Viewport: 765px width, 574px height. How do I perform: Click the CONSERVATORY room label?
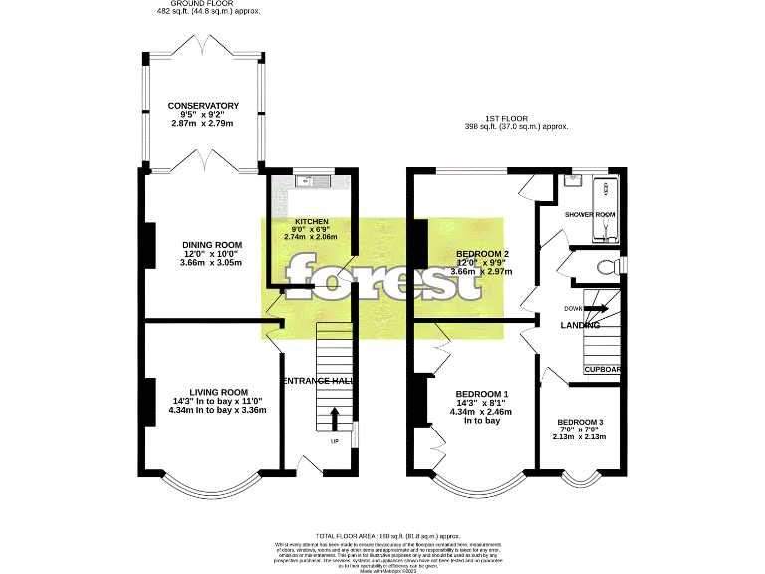click(203, 105)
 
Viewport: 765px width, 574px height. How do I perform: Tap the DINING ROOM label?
click(211, 245)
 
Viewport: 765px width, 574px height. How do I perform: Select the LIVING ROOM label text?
click(218, 392)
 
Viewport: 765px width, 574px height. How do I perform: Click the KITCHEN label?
click(311, 221)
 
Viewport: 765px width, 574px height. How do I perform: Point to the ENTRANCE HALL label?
click(319, 382)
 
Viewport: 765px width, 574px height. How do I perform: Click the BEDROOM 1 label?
click(481, 393)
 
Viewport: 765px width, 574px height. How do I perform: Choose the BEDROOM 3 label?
click(580, 422)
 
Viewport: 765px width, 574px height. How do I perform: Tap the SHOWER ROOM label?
click(590, 214)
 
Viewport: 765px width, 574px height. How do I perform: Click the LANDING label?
click(580, 325)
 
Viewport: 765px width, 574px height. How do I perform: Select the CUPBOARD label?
click(603, 370)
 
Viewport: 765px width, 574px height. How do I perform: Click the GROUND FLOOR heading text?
click(203, 4)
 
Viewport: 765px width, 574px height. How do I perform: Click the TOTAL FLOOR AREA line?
click(382, 535)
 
